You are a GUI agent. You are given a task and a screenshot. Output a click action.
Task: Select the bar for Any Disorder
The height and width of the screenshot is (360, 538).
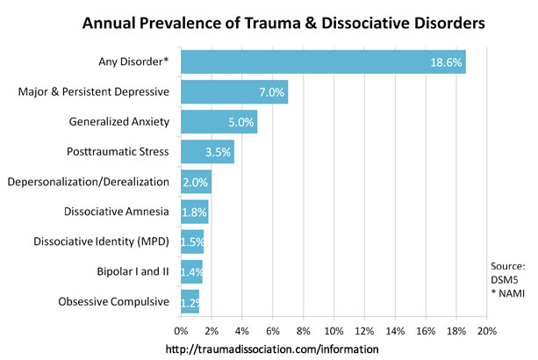click(322, 62)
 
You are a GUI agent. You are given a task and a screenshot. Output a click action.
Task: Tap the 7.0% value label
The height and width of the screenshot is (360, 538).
click(270, 92)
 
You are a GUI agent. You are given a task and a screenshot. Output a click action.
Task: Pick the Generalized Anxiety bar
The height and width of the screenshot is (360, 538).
click(219, 122)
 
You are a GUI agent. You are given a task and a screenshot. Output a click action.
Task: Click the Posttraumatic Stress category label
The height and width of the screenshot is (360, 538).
click(129, 152)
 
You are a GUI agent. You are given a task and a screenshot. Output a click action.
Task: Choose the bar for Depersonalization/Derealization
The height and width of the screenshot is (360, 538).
click(196, 182)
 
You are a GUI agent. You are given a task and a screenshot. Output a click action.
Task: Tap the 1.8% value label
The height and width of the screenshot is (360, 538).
click(195, 212)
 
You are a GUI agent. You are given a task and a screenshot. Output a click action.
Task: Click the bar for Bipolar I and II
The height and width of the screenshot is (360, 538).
click(191, 271)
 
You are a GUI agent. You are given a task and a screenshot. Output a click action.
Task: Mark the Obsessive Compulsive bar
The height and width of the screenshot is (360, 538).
click(190, 301)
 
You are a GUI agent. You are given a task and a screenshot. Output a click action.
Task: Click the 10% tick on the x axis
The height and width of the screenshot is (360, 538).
click(334, 332)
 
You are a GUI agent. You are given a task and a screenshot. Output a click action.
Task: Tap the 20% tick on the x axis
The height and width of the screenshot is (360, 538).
click(486, 332)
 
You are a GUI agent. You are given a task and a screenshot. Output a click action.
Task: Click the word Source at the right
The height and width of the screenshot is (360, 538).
click(508, 266)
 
